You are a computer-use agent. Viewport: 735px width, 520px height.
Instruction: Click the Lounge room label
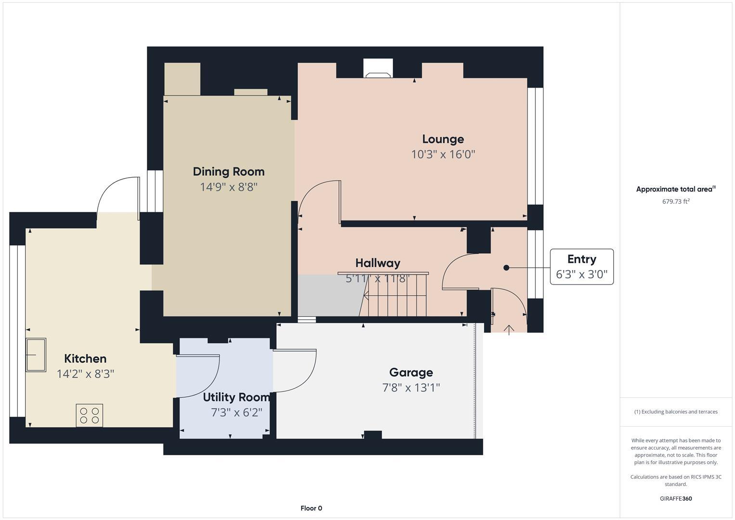point(443,139)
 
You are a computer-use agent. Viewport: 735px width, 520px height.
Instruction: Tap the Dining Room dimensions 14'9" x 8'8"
point(229,187)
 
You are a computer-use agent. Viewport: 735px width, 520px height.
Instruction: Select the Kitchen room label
point(85,359)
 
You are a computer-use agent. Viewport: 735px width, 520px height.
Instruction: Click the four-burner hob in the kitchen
point(90,415)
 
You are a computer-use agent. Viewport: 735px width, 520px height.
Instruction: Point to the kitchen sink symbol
point(36,355)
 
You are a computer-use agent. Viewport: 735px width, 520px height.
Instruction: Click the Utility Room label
point(236,397)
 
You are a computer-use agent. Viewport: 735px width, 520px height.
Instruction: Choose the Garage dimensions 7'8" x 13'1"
point(411,388)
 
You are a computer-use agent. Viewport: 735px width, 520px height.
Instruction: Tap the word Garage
point(411,372)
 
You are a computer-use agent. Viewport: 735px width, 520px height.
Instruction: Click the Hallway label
point(378,263)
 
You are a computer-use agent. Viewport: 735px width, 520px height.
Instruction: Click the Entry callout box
point(581,267)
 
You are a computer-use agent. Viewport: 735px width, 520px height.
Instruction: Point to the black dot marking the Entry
point(506,268)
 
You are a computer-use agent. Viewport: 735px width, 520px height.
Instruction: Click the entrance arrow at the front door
point(509,329)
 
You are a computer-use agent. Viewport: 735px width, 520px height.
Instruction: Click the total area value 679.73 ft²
point(676,202)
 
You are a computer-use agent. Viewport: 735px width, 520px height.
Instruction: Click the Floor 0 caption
point(311,508)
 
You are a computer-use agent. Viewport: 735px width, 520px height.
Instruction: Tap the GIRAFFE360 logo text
point(676,498)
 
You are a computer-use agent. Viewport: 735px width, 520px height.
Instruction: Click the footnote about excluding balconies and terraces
point(676,412)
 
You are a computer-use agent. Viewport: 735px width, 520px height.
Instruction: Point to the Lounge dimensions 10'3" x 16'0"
point(443,155)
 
